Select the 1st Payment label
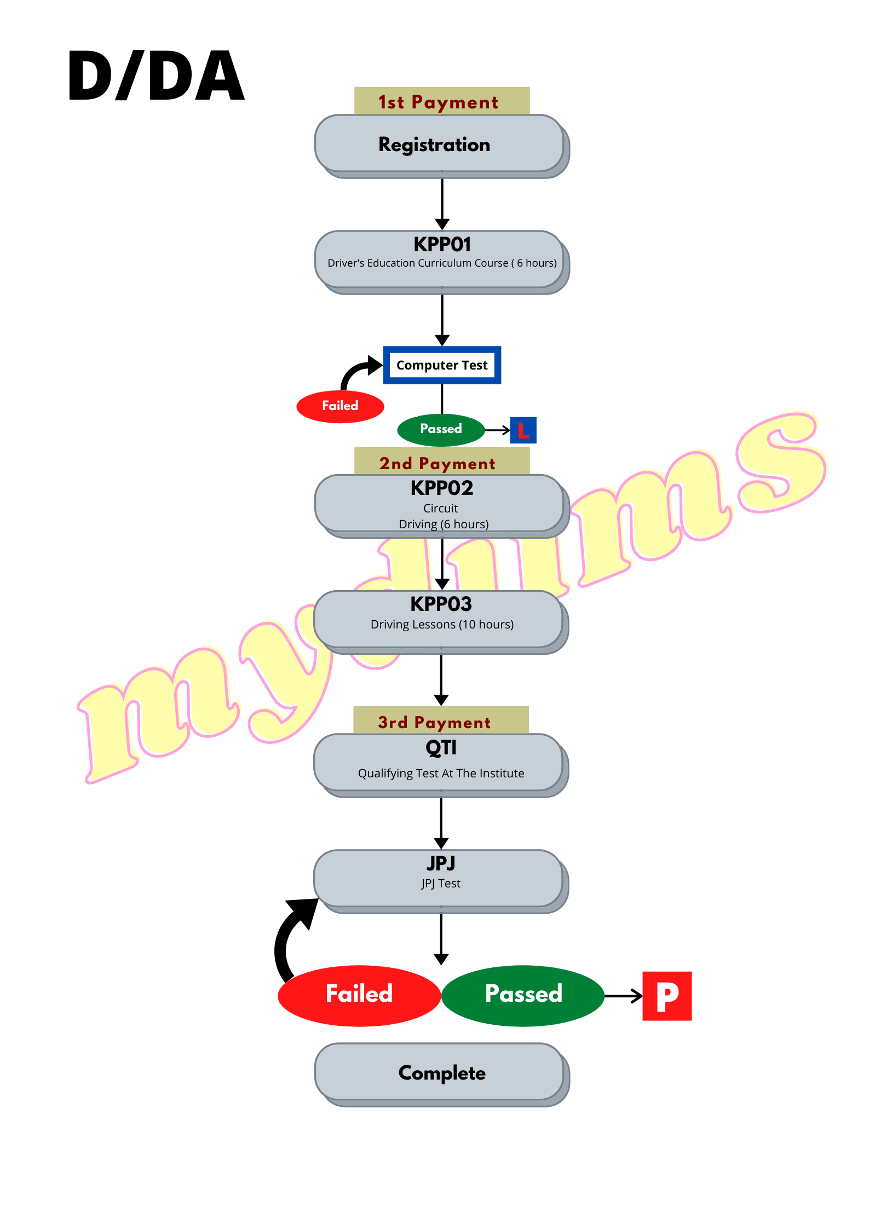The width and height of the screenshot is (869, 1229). pos(439,102)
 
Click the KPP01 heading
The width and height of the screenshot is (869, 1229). pos(442,244)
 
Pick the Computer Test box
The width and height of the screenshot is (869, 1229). pos(442,365)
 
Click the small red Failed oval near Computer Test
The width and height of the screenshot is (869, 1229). pos(340,406)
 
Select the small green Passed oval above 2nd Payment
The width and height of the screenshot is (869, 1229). pos(441,429)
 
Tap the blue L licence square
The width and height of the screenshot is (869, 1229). pos(523,430)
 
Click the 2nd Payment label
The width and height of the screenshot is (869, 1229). pos(438,463)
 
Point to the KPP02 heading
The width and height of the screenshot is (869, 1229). pos(442,488)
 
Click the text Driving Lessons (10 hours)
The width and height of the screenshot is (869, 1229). pos(442,625)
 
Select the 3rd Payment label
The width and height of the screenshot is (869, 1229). pos(435,722)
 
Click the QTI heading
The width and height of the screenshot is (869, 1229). pos(441,747)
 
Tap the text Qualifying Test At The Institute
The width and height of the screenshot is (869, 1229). pos(441,774)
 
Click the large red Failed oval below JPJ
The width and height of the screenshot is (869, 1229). pos(359,994)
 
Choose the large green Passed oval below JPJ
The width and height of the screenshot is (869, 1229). pos(523,994)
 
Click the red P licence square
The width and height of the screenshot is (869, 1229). pos(667,996)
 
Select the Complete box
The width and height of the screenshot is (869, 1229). pos(441,1073)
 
